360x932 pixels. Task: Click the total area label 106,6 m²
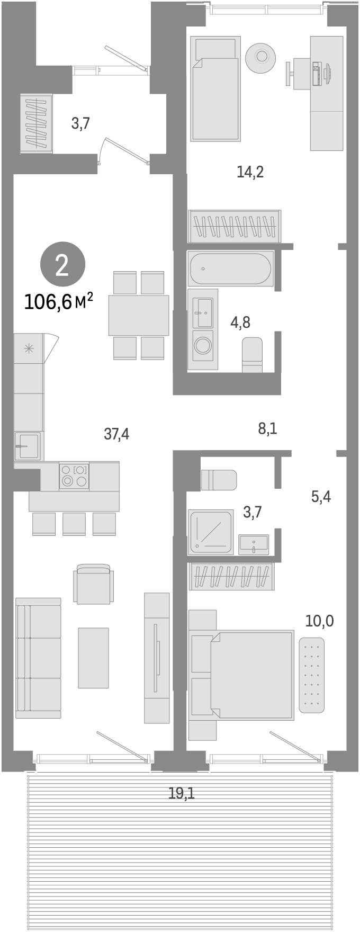(x=59, y=302)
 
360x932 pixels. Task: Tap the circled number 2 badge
(x=62, y=265)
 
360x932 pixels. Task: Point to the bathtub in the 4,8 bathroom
(x=230, y=269)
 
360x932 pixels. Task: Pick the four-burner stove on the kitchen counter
(x=74, y=475)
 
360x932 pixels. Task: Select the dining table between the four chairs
(x=139, y=315)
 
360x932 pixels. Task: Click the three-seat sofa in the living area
(x=38, y=658)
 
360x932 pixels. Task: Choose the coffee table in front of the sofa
(x=94, y=658)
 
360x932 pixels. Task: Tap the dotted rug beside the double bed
(x=312, y=675)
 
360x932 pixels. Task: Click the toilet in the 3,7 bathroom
(x=219, y=480)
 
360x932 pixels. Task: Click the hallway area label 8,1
(x=267, y=428)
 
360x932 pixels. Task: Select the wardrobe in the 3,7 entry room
(x=37, y=123)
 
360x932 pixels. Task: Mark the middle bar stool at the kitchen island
(x=74, y=524)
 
